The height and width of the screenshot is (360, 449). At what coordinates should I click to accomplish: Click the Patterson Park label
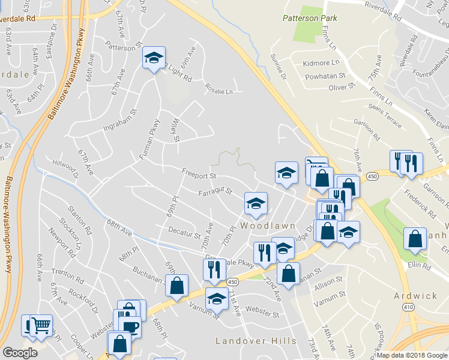point(310,18)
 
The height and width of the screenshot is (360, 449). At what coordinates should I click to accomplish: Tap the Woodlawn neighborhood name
point(268,226)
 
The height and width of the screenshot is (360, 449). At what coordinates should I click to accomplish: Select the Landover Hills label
point(256,341)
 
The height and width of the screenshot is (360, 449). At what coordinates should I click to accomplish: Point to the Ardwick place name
point(416,296)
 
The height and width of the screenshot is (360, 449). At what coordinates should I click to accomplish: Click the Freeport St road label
point(199,174)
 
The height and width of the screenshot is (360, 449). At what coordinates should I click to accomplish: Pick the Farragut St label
point(215,192)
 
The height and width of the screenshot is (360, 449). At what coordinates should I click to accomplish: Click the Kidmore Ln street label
point(321,62)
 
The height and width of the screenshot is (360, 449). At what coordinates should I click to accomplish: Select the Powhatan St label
point(325,76)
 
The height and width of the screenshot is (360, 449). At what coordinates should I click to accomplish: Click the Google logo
point(20,352)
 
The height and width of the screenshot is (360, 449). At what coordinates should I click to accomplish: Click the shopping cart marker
point(40,325)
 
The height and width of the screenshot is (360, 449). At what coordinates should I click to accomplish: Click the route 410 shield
point(408,307)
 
